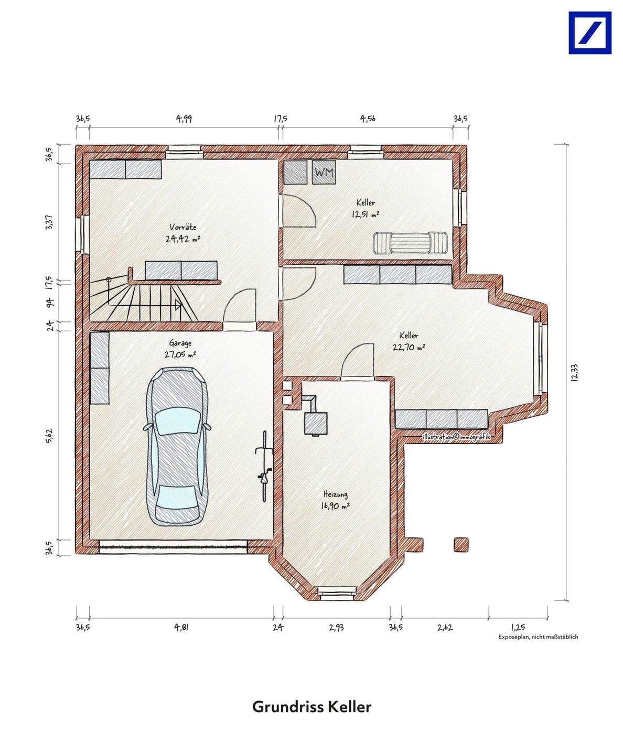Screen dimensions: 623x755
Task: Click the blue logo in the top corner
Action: pos(590,33)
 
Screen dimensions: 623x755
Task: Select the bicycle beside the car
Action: pos(264,466)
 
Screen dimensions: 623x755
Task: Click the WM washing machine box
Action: pos(324,172)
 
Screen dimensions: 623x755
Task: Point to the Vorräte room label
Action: pos(183,227)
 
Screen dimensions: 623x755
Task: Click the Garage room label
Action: pos(180,343)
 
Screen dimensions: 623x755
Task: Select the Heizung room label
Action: pos(336,494)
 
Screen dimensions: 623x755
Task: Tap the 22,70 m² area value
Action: pos(409,347)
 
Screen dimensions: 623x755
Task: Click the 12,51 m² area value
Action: pos(366,214)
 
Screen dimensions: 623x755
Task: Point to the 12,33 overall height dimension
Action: pos(575,372)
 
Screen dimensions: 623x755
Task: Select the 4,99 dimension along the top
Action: pos(184,118)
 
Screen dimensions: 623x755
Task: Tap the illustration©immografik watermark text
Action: pos(456,437)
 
